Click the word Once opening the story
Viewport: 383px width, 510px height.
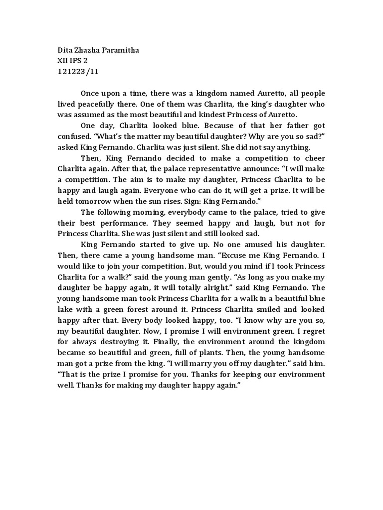(90, 93)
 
